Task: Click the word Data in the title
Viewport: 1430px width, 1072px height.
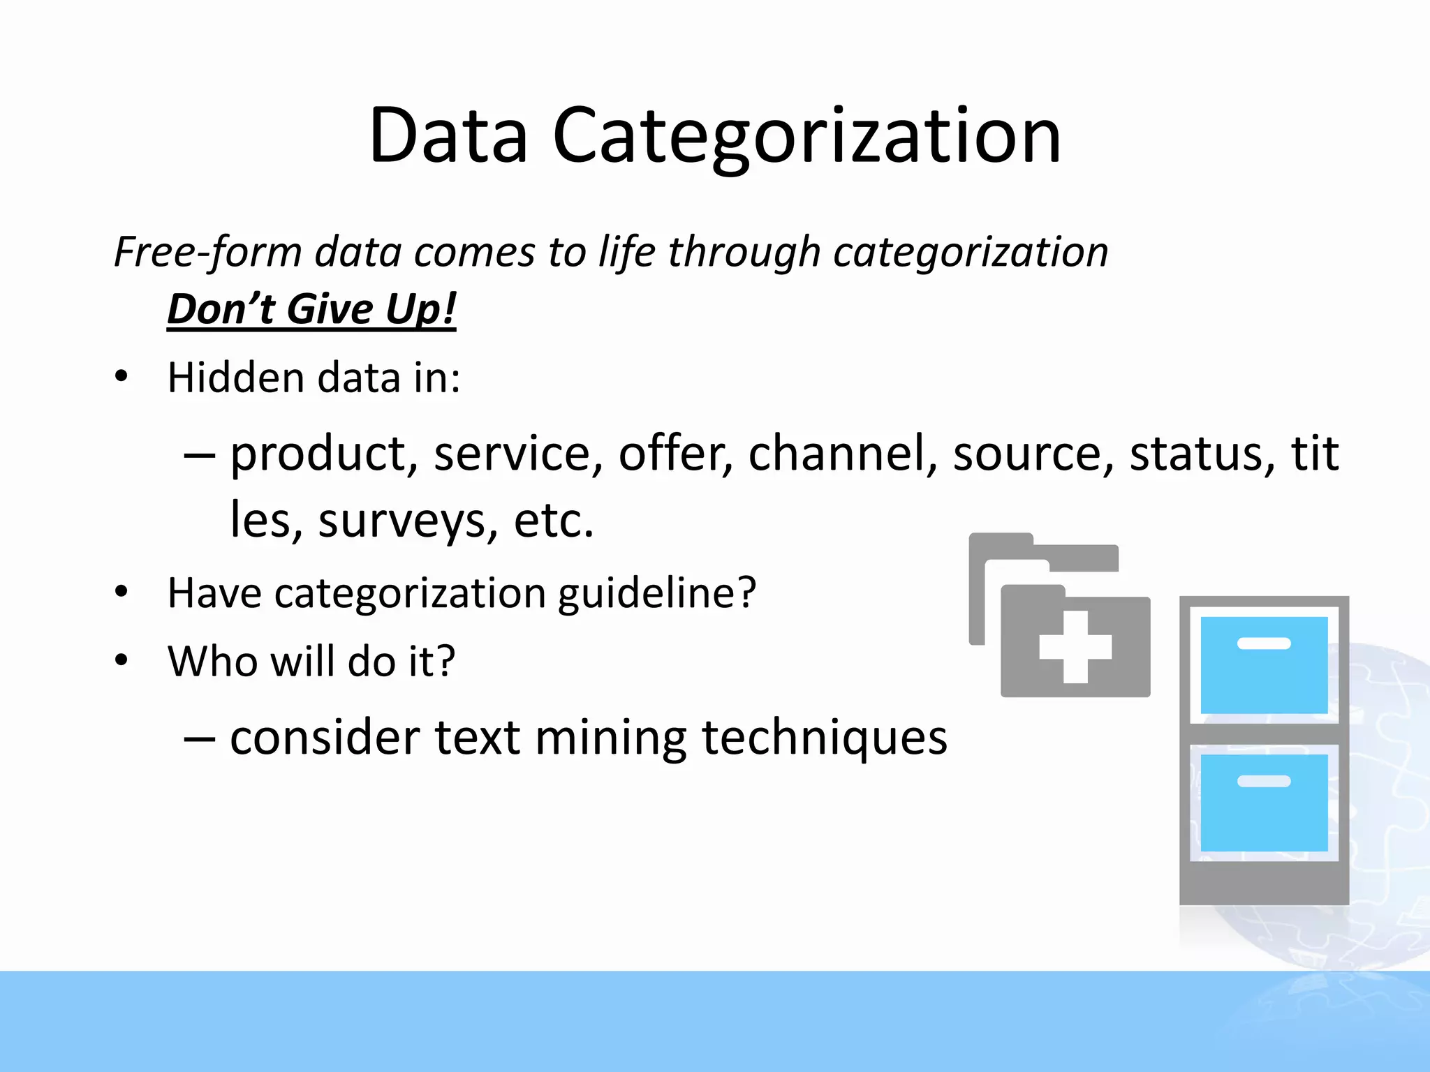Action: [x=448, y=135]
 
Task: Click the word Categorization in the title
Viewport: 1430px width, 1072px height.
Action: [x=806, y=135]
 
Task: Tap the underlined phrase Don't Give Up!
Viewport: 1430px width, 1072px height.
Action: [x=311, y=308]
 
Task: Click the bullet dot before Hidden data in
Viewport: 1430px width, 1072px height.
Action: [x=122, y=377]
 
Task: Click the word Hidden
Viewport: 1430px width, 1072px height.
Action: [x=236, y=378]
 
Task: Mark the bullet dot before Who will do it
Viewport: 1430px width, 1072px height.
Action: [x=122, y=660]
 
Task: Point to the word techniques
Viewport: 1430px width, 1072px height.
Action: [x=824, y=738]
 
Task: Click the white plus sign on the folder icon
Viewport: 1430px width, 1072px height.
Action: [x=1075, y=647]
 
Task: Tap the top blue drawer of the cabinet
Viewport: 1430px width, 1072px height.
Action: [x=1264, y=664]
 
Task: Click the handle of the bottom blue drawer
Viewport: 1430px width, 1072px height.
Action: [x=1264, y=781]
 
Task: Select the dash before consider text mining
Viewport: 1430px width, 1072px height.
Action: [x=199, y=738]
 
